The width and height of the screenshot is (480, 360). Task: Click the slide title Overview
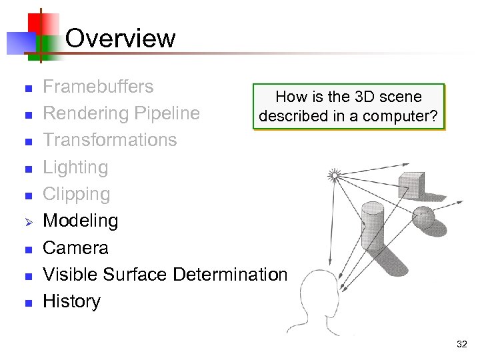click(121, 38)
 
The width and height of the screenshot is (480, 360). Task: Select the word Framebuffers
click(98, 87)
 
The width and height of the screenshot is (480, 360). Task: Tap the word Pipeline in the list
click(167, 113)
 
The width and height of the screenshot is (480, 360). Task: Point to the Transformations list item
click(109, 140)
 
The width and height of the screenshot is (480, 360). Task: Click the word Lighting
click(75, 167)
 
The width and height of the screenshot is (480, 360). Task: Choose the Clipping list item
click(76, 194)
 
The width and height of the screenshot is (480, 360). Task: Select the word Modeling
click(80, 221)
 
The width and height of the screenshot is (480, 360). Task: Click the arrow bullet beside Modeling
click(28, 221)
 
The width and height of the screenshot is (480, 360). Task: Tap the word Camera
click(75, 248)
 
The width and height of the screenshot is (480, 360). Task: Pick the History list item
click(71, 301)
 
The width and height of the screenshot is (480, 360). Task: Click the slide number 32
click(461, 344)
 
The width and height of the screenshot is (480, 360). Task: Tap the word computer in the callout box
click(405, 116)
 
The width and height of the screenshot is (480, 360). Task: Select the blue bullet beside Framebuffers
click(28, 88)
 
